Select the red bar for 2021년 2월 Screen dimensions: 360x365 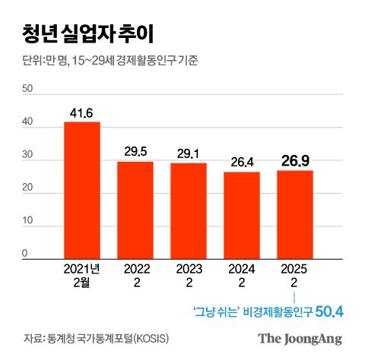coord(82,190)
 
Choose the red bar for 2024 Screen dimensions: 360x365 coord(241,216)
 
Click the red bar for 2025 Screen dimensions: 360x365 coord(294,215)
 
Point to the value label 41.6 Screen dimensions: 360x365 coord(82,113)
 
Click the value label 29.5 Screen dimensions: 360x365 coord(135,153)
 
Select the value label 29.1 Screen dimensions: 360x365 coord(189,154)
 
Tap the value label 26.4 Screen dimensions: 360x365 coord(241,163)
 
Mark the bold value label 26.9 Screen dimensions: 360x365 coord(294,160)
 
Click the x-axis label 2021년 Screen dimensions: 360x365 coord(82,268)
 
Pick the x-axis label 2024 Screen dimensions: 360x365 coord(241,268)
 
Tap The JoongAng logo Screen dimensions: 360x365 coord(300,339)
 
